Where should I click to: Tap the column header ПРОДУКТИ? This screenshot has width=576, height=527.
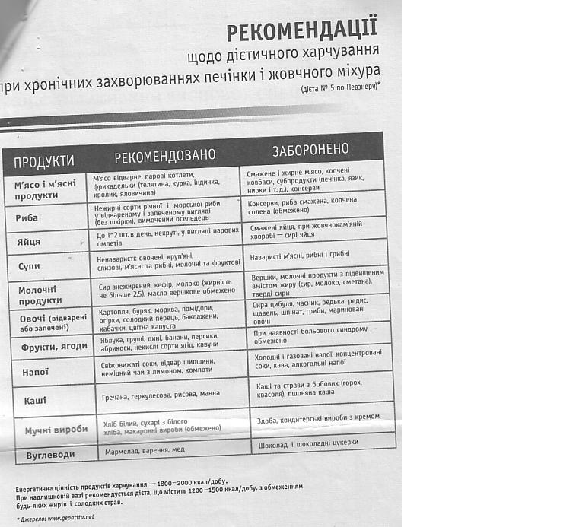[x=44, y=160]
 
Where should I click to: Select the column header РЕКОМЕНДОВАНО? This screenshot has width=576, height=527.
[x=165, y=156]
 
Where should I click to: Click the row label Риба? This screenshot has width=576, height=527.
[x=27, y=217]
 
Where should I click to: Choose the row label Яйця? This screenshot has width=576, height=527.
[x=28, y=243]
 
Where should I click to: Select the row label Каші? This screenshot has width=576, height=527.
[x=35, y=399]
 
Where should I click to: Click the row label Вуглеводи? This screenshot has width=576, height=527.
[x=50, y=454]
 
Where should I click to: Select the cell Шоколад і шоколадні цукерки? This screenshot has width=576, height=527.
[x=308, y=443]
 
